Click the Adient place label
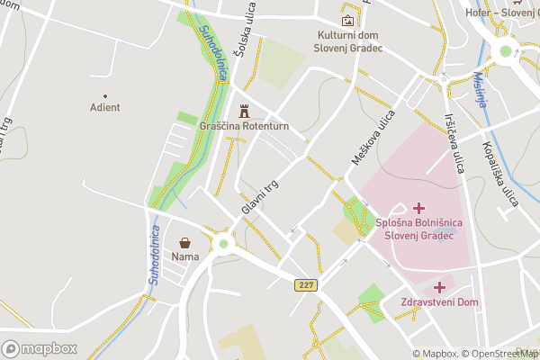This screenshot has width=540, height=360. [104, 107]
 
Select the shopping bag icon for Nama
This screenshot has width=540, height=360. [184, 242]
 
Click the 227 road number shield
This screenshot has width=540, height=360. [307, 284]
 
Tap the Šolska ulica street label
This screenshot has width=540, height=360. [240, 31]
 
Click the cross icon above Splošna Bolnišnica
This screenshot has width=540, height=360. [418, 208]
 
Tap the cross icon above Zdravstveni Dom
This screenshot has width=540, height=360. [439, 287]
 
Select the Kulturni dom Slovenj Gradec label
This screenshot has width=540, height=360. [348, 41]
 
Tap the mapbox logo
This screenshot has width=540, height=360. [40, 348]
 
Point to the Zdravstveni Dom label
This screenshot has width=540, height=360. [439, 302]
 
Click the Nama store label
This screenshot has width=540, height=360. [184, 256]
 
